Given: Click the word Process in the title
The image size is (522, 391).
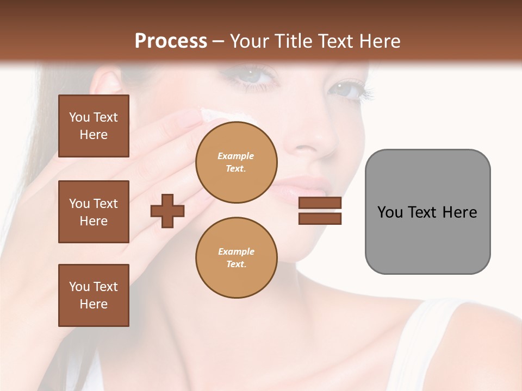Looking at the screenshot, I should tap(171, 41).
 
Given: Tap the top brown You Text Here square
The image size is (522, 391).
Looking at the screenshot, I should tap(94, 126).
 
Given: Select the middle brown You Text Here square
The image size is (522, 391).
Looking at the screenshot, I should tap(94, 212).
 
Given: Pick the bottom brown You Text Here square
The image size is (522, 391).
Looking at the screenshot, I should tap(94, 295).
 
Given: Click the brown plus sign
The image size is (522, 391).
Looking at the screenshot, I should tap(167, 211).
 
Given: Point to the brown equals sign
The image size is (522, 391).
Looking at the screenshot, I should tap(320, 211).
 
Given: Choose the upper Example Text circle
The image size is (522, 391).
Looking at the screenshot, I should tap(236, 162).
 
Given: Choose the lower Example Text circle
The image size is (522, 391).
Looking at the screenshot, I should tap(236, 257).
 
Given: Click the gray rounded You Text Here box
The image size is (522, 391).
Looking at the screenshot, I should tap(427, 212).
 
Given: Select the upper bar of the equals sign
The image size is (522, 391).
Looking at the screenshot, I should tap(320, 203).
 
